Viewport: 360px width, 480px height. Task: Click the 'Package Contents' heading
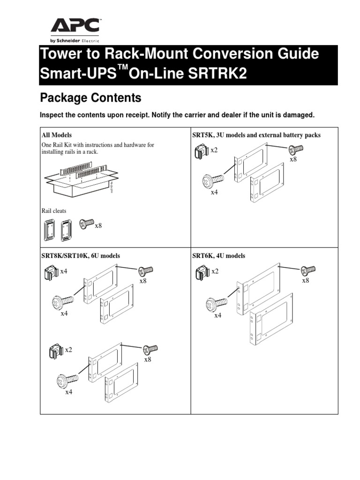(x=90, y=98)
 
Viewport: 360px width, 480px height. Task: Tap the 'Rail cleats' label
(x=54, y=211)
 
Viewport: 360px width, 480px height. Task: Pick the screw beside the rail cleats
(x=86, y=224)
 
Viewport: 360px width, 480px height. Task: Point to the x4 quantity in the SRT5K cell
(x=214, y=192)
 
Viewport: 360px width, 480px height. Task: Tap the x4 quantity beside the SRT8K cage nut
(x=64, y=271)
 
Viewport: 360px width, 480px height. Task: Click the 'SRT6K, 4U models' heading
(x=218, y=256)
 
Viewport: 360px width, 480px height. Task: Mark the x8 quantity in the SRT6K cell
(x=305, y=280)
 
